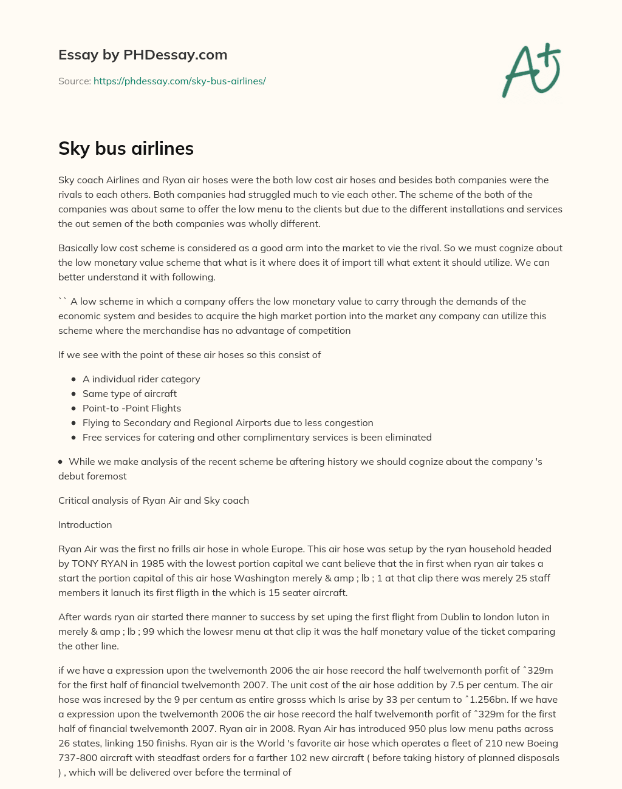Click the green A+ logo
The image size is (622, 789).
531,70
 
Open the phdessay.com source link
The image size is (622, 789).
179,81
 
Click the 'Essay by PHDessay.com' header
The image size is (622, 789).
143,55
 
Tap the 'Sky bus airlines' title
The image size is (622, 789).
126,148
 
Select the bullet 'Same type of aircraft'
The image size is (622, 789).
129,393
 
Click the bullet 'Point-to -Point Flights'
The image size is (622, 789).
132,408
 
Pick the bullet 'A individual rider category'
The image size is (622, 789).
141,379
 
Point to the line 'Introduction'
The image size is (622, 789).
85,524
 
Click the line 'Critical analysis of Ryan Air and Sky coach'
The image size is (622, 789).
154,500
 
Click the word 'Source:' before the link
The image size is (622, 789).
74,81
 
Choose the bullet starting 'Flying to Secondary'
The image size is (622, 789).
228,422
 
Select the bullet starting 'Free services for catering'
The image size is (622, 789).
257,437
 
